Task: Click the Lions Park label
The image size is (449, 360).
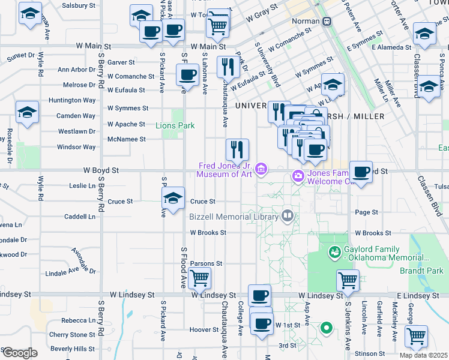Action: [175, 126]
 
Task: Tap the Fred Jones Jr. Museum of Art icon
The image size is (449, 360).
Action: [262, 170]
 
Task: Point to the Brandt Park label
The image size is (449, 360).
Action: [421, 271]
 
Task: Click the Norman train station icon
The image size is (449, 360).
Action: [327, 21]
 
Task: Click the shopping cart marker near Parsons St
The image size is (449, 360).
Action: [199, 278]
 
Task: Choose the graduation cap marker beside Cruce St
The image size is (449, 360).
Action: [173, 199]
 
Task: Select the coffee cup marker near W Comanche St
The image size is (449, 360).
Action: [187, 75]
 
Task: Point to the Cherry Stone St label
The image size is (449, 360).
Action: [72, 335]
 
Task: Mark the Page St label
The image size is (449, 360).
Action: [366, 212]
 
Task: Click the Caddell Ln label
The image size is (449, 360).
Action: [80, 216]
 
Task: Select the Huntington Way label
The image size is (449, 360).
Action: [72, 100]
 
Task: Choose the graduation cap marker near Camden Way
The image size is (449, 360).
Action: [27, 112]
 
